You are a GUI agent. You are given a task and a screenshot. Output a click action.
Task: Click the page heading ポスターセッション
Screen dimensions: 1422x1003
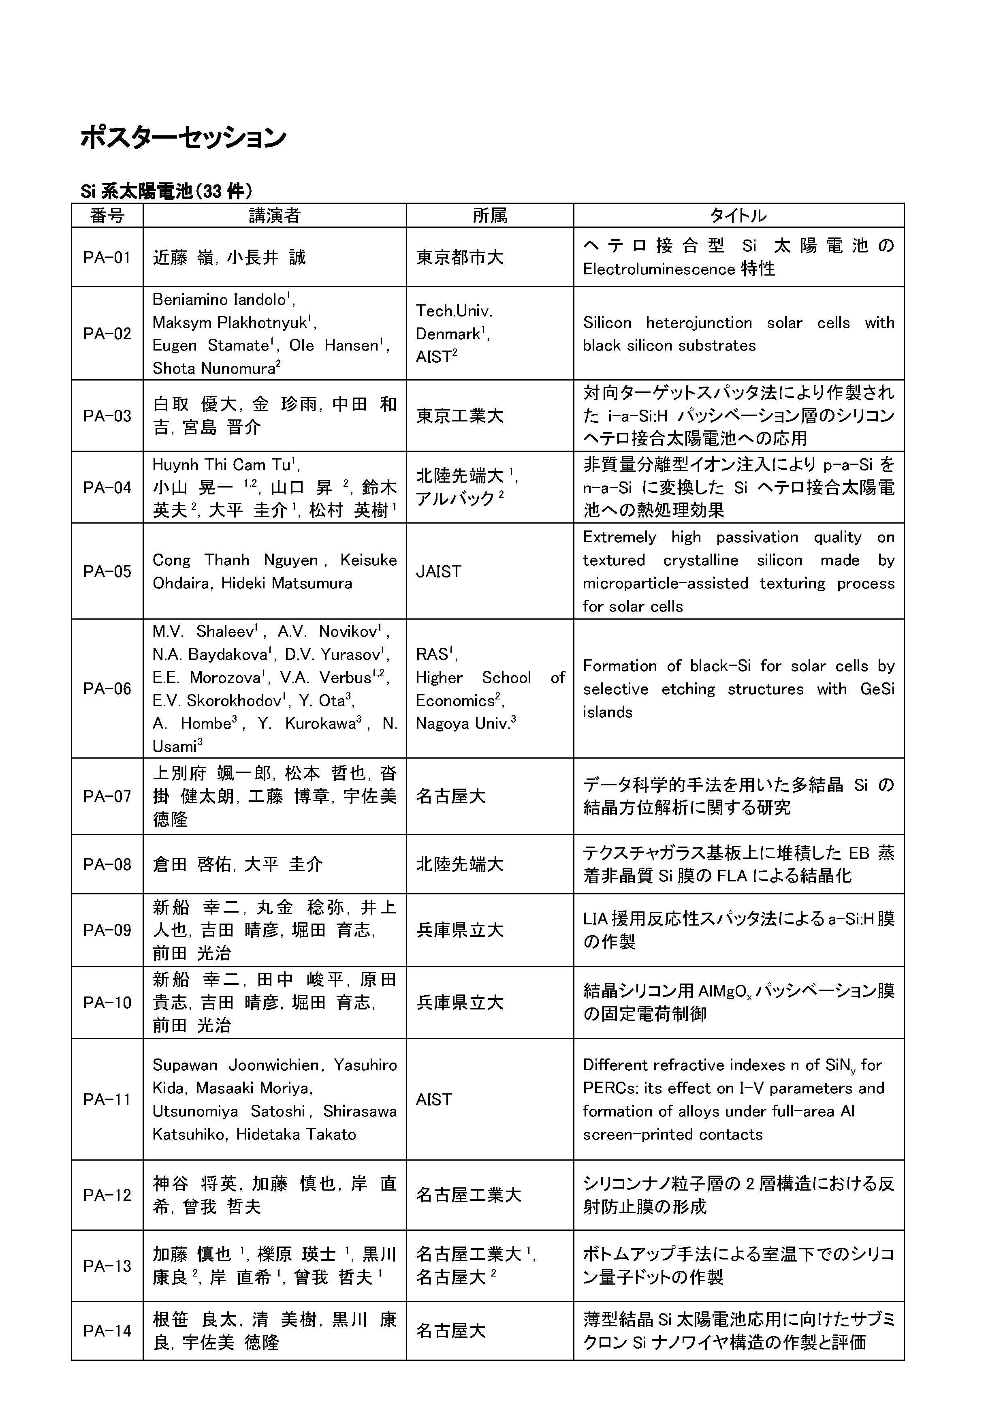tap(183, 137)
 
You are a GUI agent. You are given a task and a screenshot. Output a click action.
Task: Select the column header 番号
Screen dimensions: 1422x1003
tap(107, 216)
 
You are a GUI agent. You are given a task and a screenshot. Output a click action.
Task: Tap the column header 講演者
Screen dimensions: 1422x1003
tap(274, 216)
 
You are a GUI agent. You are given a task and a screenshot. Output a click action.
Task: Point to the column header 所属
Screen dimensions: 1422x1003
tap(490, 216)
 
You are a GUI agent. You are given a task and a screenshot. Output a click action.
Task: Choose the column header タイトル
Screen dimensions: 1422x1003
tap(738, 216)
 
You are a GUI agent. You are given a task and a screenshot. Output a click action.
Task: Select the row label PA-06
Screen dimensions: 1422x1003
tap(107, 689)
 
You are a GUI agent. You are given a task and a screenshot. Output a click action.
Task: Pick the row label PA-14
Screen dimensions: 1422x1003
tap(107, 1331)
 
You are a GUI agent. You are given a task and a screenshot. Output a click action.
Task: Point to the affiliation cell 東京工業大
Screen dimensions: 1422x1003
tap(459, 415)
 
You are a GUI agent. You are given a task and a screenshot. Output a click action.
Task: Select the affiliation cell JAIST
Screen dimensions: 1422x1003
tap(438, 571)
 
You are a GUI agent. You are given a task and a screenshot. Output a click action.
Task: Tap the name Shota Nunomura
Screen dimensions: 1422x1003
tap(213, 368)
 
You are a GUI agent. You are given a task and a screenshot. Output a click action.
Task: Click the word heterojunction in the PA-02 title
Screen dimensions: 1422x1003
tap(698, 323)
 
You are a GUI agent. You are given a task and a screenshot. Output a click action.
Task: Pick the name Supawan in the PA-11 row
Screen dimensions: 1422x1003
tap(185, 1065)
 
